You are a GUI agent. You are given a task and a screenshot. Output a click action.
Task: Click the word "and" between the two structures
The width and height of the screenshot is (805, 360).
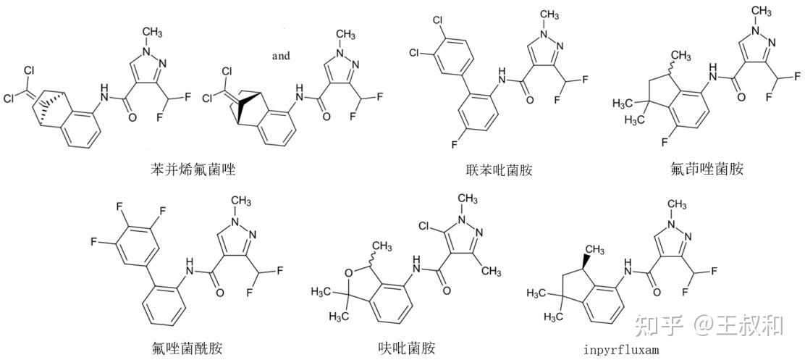pyautogui.click(x=281, y=55)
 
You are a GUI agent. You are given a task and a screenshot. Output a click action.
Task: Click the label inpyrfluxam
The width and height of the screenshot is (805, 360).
pyautogui.click(x=622, y=350)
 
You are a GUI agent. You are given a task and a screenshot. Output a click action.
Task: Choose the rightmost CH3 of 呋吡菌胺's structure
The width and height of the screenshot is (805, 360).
pyautogui.click(x=490, y=271)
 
